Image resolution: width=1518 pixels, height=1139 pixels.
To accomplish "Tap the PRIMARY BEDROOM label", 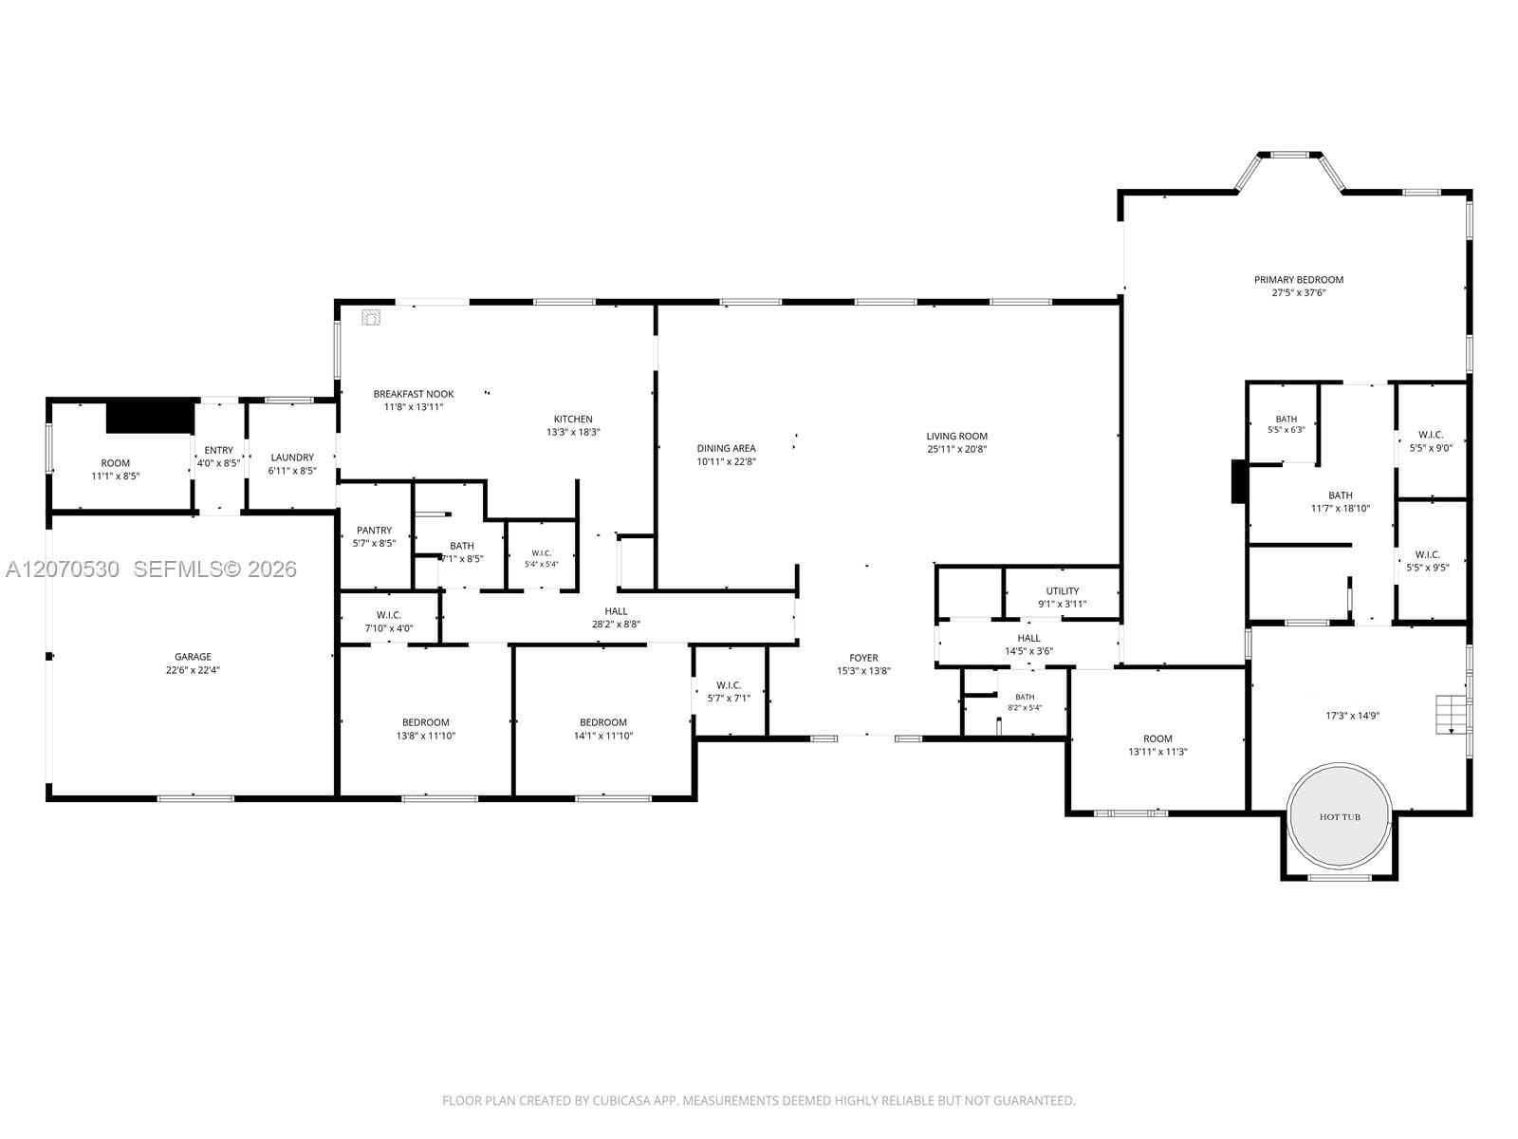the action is [x=1299, y=279].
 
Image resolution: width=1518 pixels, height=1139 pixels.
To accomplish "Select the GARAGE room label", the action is [x=193, y=656].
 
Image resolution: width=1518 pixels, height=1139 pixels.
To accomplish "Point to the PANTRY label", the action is [x=374, y=531].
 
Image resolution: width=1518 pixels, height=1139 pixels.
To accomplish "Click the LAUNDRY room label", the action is [x=292, y=457].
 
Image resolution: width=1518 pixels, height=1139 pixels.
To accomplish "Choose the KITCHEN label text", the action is [x=573, y=420].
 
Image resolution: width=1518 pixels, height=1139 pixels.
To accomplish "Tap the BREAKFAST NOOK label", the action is [x=414, y=394].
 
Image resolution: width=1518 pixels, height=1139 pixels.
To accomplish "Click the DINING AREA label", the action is [x=726, y=448].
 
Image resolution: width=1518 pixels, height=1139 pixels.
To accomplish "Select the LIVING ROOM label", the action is [x=957, y=436].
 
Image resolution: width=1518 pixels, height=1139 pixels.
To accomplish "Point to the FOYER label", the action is [x=863, y=658].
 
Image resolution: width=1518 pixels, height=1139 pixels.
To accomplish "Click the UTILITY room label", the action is [x=1063, y=591].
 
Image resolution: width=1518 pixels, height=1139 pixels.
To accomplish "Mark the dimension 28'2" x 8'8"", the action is [x=616, y=624].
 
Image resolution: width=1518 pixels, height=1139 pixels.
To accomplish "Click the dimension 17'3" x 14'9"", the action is [x=1353, y=716].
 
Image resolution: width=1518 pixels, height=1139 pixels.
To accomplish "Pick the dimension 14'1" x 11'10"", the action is [x=603, y=736].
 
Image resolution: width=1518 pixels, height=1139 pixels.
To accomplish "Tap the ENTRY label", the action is [x=218, y=450].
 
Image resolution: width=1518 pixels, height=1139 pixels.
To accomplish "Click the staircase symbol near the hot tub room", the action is [x=1452, y=715].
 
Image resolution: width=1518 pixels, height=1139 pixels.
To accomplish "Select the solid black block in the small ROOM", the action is [x=150, y=417].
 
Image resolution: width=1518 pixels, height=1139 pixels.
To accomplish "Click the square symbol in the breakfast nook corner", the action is [x=371, y=317].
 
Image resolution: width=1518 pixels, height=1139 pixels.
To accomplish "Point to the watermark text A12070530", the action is [x=63, y=569].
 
